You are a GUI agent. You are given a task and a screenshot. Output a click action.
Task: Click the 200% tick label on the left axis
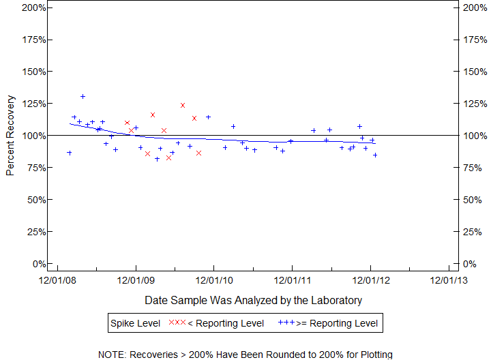click(34, 7)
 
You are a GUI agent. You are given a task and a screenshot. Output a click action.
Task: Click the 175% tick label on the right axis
click(471, 40)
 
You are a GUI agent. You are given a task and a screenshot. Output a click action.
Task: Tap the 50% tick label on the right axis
click(468, 200)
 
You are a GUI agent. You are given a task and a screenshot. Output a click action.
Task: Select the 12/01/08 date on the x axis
click(57, 279)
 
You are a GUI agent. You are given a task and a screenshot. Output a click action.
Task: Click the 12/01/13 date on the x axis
click(448, 279)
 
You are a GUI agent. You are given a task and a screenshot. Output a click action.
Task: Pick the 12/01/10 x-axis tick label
click(214, 279)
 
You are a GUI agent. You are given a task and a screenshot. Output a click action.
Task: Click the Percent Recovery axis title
click(10, 136)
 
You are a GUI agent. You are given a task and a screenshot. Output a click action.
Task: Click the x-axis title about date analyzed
click(253, 300)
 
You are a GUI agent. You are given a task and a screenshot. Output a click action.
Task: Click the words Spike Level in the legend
click(136, 323)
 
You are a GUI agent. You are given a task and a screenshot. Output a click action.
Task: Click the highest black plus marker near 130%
click(83, 96)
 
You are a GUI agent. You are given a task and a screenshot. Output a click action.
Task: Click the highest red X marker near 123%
click(183, 105)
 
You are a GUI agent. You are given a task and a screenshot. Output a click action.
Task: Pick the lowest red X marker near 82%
click(168, 157)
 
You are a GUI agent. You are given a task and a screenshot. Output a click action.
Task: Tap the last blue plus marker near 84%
click(375, 155)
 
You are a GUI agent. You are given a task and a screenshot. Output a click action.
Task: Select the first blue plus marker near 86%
click(69, 153)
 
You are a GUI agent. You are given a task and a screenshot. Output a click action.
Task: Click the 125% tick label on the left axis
click(34, 104)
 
